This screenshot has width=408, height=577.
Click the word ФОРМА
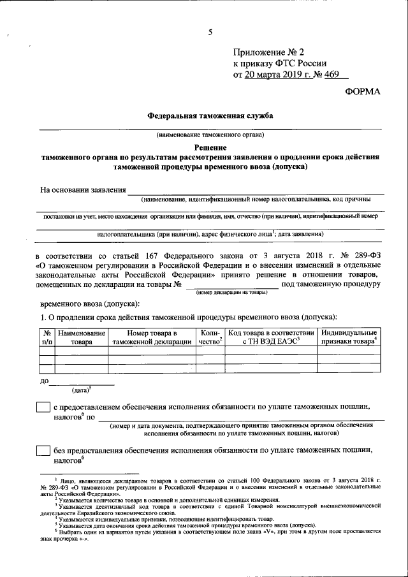[x=361, y=92]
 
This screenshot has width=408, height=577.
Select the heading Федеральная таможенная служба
[x=210, y=117]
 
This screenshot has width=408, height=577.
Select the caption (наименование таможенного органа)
[x=210, y=135]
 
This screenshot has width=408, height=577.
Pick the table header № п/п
[x=47, y=337]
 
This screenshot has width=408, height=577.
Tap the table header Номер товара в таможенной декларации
[x=152, y=337]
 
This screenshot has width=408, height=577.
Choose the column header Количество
[x=210, y=337]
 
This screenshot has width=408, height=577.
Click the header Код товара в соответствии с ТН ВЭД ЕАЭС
[x=272, y=337]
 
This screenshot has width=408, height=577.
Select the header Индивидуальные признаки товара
[x=348, y=337]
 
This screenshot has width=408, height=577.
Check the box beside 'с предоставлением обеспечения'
[x=43, y=407]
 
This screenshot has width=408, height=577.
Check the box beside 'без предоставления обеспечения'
[x=43, y=450]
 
